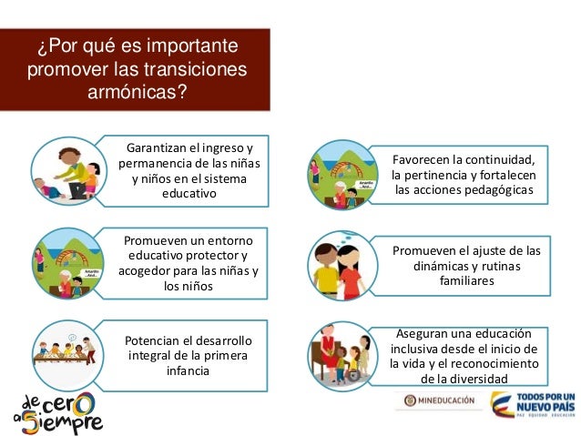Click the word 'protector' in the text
pos(216,255)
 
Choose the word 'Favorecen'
pos(425,157)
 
